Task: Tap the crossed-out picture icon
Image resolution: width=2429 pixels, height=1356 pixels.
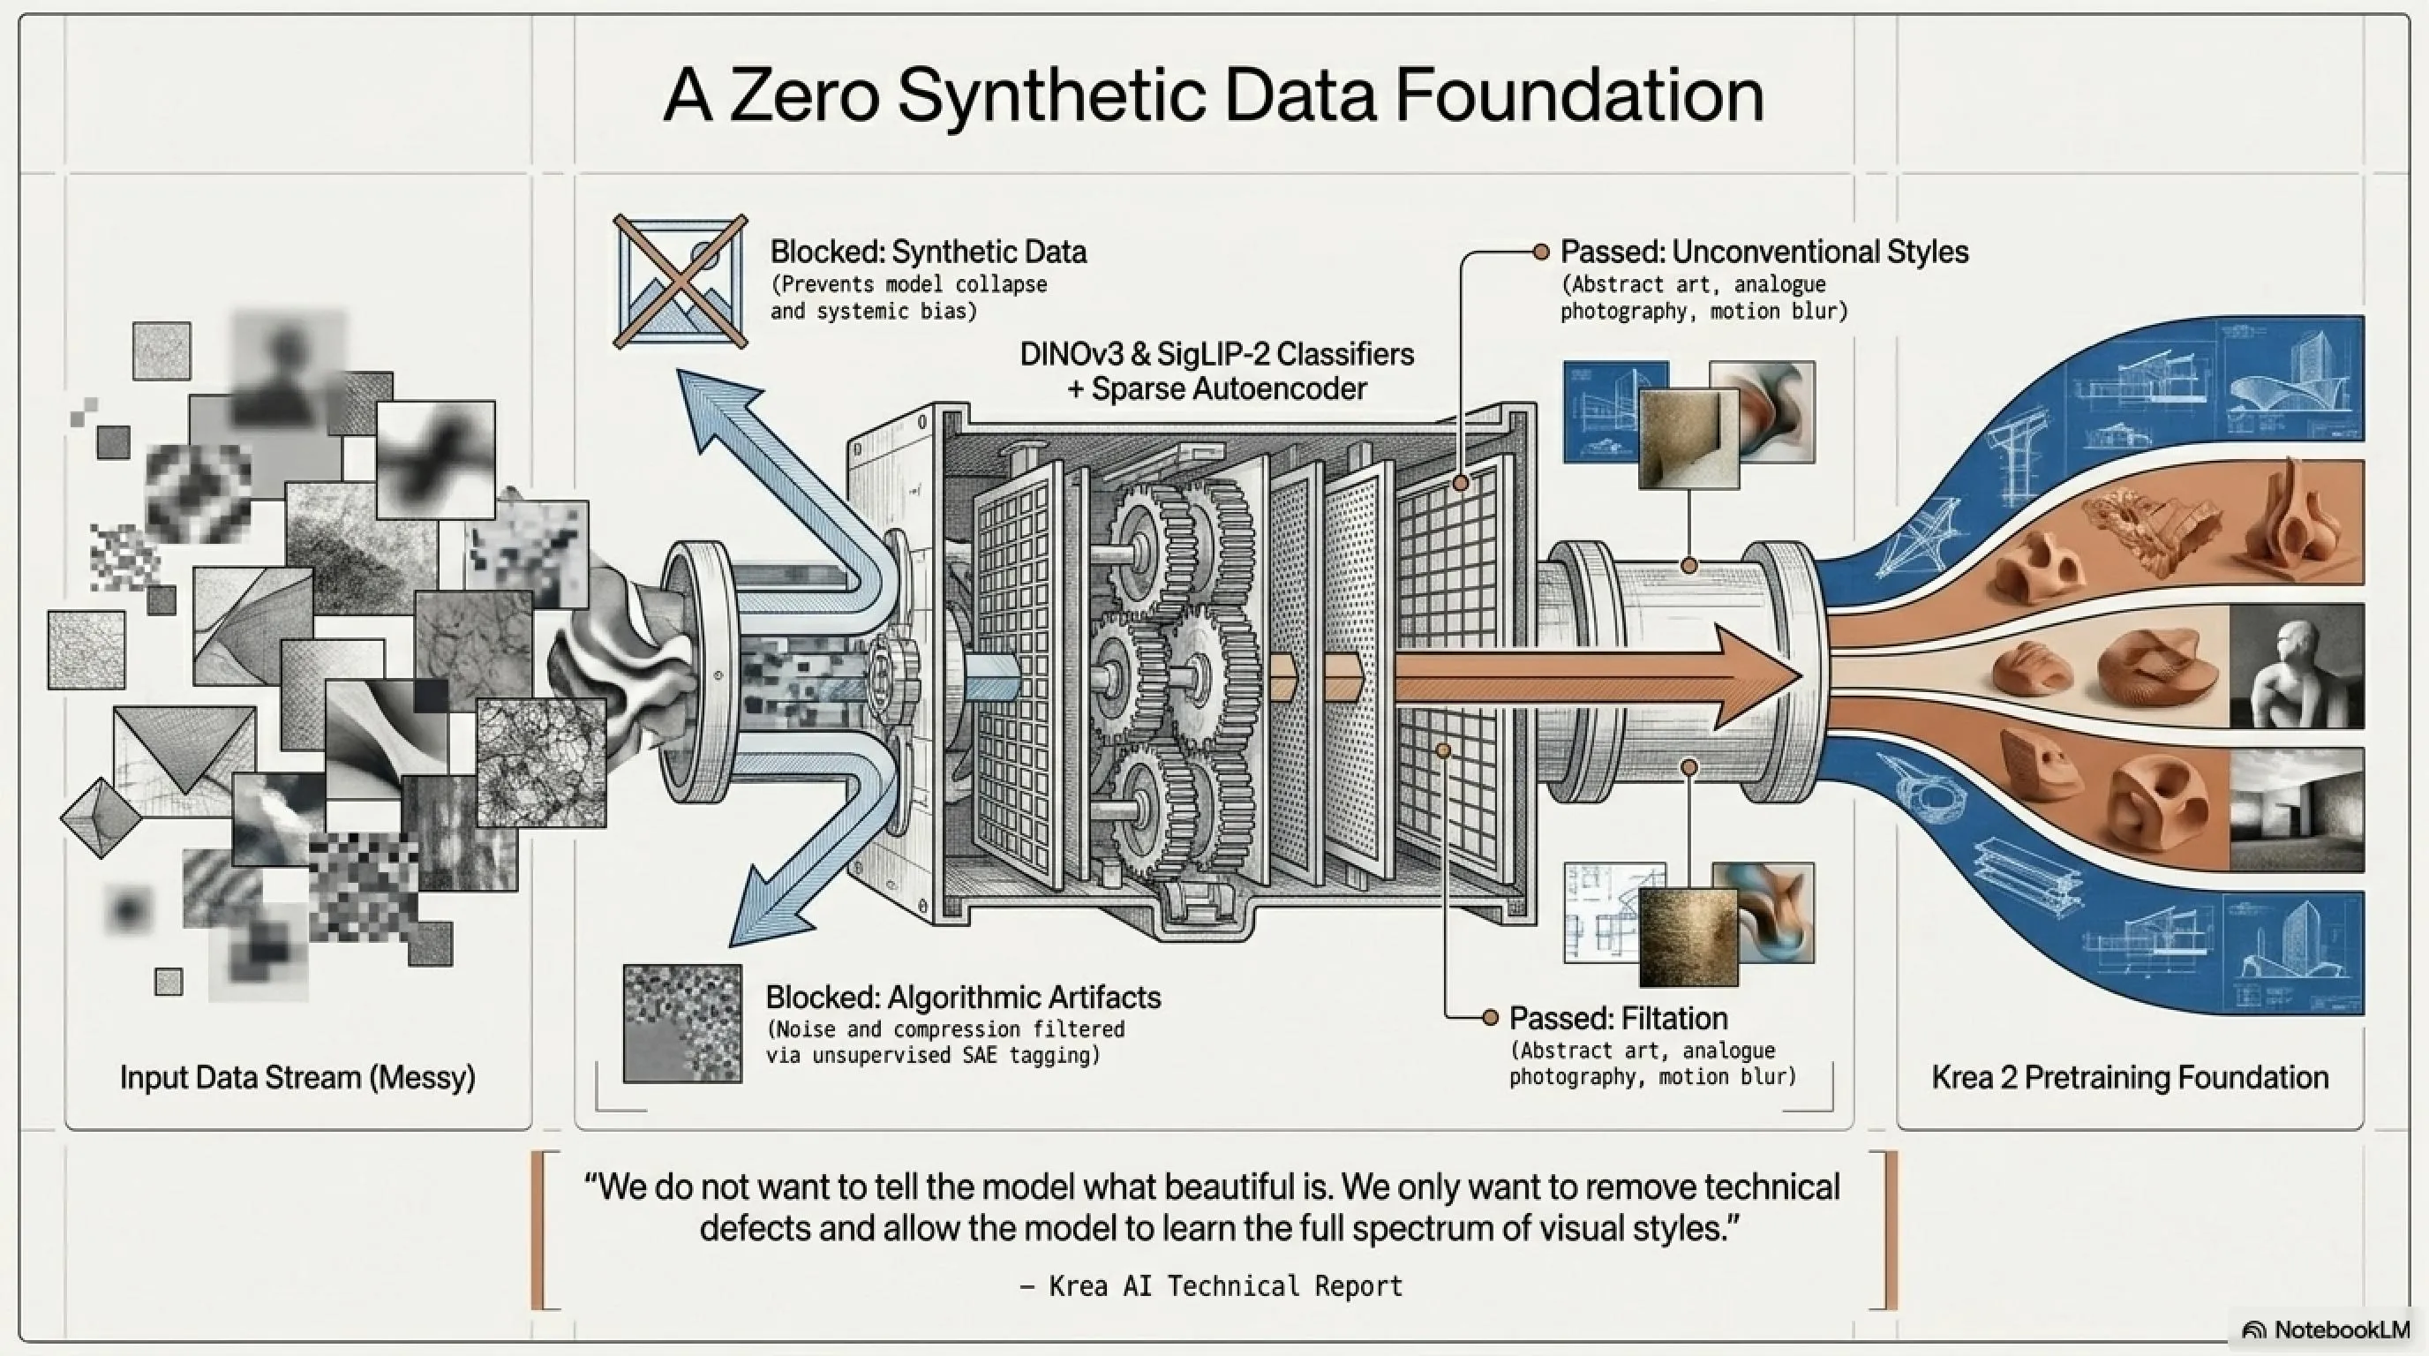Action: (680, 281)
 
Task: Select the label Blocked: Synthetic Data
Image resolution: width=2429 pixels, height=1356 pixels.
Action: (928, 252)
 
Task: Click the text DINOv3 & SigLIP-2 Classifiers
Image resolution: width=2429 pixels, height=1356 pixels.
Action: (1216, 354)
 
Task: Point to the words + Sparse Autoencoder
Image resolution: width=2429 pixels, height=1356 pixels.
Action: (1216, 388)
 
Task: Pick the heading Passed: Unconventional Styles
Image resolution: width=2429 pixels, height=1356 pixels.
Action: (1764, 252)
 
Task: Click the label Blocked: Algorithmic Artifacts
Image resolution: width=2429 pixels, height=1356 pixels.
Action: (963, 997)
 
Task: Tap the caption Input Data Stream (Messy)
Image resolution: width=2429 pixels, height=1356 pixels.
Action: (298, 1077)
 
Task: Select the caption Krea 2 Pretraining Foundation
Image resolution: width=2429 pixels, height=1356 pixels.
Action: (2130, 1077)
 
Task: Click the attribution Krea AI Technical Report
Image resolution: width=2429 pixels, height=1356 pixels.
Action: (1226, 1285)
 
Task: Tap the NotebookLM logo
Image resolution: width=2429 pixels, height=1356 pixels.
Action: (2325, 1330)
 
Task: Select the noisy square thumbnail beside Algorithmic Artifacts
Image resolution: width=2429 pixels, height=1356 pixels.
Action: (682, 1023)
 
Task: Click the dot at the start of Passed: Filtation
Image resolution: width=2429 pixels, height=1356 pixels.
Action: (1491, 1018)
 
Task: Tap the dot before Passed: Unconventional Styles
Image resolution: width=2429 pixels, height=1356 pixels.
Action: (1541, 252)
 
